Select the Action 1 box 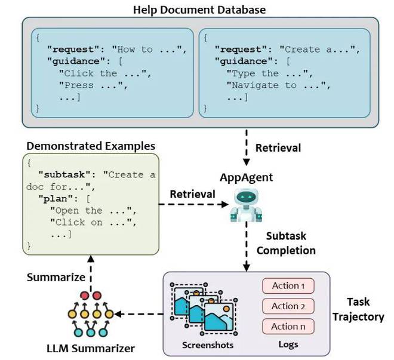pos(288,286)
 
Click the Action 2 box pos(288,306)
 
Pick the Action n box pos(288,327)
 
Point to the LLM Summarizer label pos(90,347)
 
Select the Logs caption pos(287,346)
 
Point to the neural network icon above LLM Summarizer pos(90,315)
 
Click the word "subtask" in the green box pos(66,174)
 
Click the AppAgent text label pos(246,178)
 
